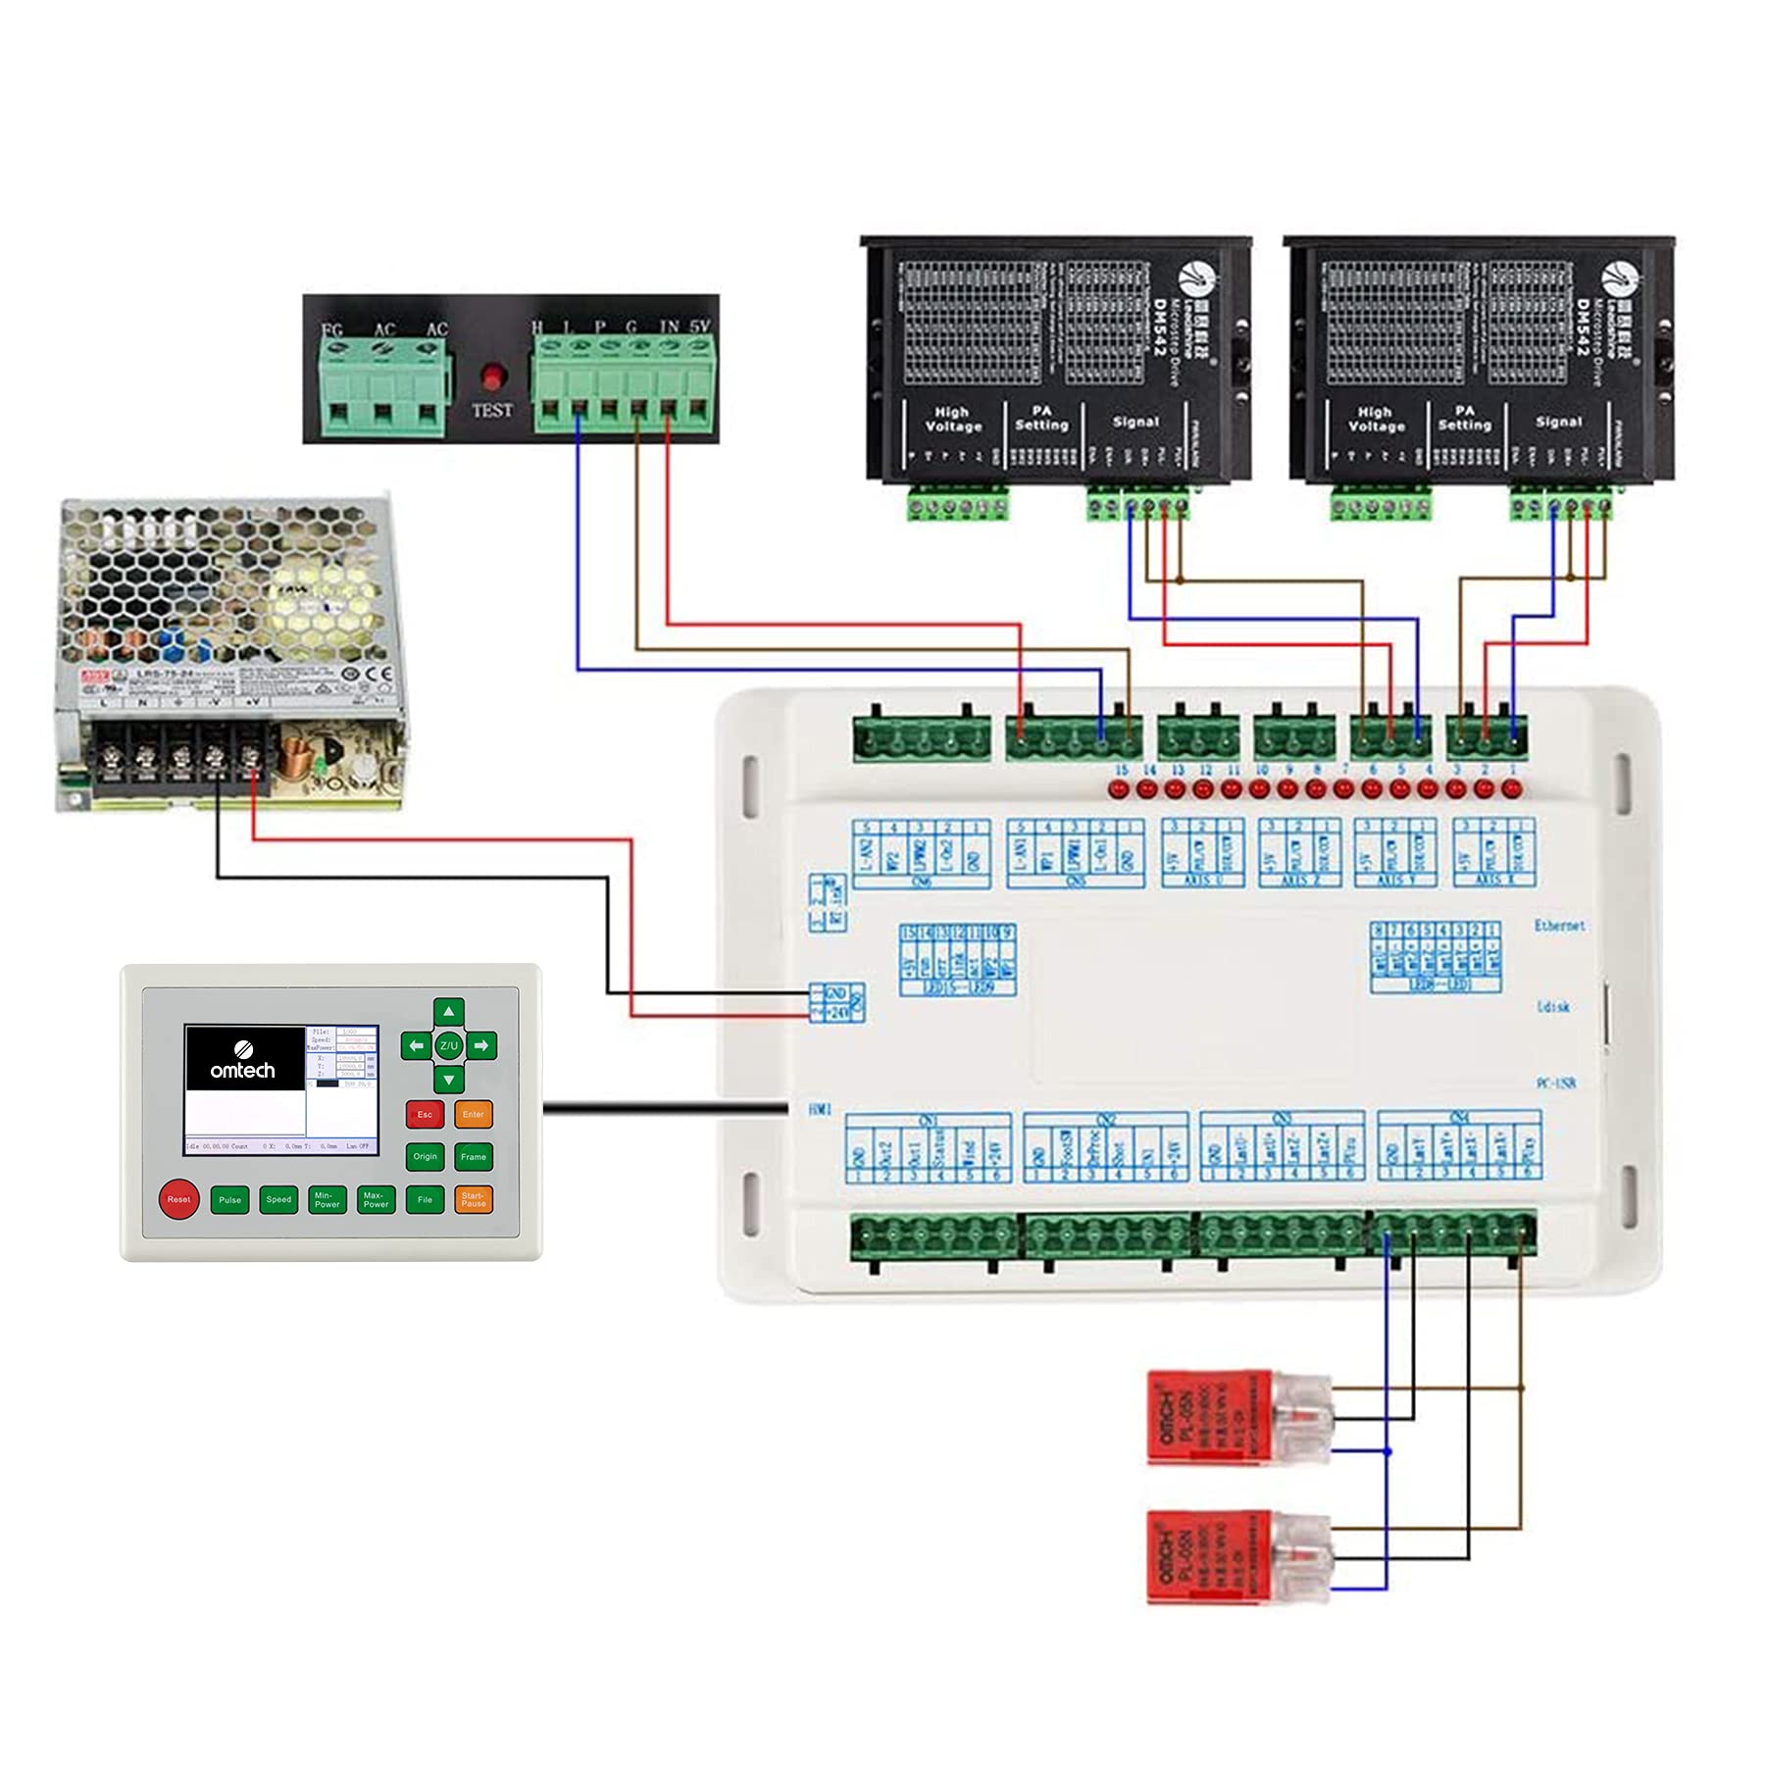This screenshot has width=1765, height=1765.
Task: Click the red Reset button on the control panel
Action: pyautogui.click(x=178, y=1198)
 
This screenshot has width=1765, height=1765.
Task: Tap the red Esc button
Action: pyautogui.click(x=425, y=1114)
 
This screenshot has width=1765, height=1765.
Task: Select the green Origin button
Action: pyautogui.click(x=425, y=1156)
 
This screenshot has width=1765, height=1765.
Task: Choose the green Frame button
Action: pyautogui.click(x=474, y=1156)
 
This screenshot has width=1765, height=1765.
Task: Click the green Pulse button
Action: pyautogui.click(x=229, y=1199)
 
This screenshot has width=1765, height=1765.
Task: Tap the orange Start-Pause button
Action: pyautogui.click(x=474, y=1199)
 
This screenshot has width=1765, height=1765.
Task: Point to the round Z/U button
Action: pyautogui.click(x=449, y=1045)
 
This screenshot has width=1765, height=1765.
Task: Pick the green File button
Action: pyautogui.click(x=425, y=1199)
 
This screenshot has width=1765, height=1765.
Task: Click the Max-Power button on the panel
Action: pyautogui.click(x=376, y=1199)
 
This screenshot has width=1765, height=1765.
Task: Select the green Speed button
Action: pyautogui.click(x=278, y=1199)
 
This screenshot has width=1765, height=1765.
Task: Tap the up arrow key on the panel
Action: pyautogui.click(x=449, y=1011)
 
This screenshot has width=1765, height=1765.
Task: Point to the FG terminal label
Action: pyautogui.click(x=332, y=329)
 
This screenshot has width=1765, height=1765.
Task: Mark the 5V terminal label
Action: pyautogui.click(x=699, y=327)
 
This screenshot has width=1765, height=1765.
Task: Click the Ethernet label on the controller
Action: pyautogui.click(x=1559, y=926)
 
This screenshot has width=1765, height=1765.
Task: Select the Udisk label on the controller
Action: pyautogui.click(x=1553, y=1007)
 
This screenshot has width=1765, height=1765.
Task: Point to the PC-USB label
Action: pyautogui.click(x=1555, y=1084)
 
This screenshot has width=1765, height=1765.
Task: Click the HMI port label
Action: pyautogui.click(x=820, y=1109)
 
